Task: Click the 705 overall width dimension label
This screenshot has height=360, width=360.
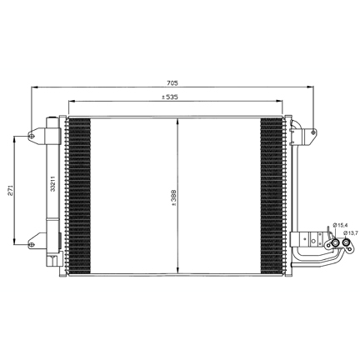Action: tap(172, 82)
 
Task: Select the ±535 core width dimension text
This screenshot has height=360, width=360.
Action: tap(170, 97)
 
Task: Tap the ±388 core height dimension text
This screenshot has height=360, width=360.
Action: tap(174, 197)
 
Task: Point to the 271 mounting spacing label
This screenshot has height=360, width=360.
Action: tap(10, 191)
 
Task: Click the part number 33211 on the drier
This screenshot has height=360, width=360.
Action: tap(52, 183)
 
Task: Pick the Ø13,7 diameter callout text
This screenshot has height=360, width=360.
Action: tap(350, 232)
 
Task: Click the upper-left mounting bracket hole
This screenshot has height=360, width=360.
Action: tap(32, 136)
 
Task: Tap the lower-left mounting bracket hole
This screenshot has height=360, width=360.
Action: tap(32, 244)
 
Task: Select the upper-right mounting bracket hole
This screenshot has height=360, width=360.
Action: tap(313, 132)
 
